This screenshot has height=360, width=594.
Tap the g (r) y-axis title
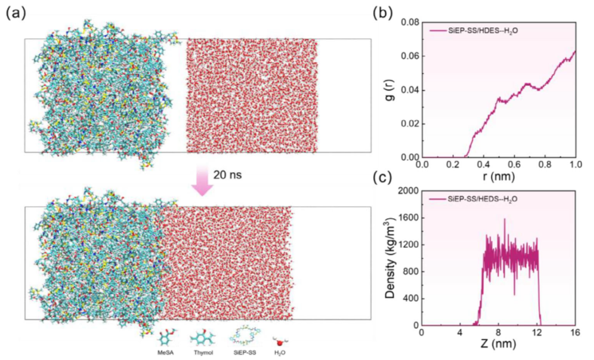point(392,90)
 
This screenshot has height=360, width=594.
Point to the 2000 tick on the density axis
point(406,191)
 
